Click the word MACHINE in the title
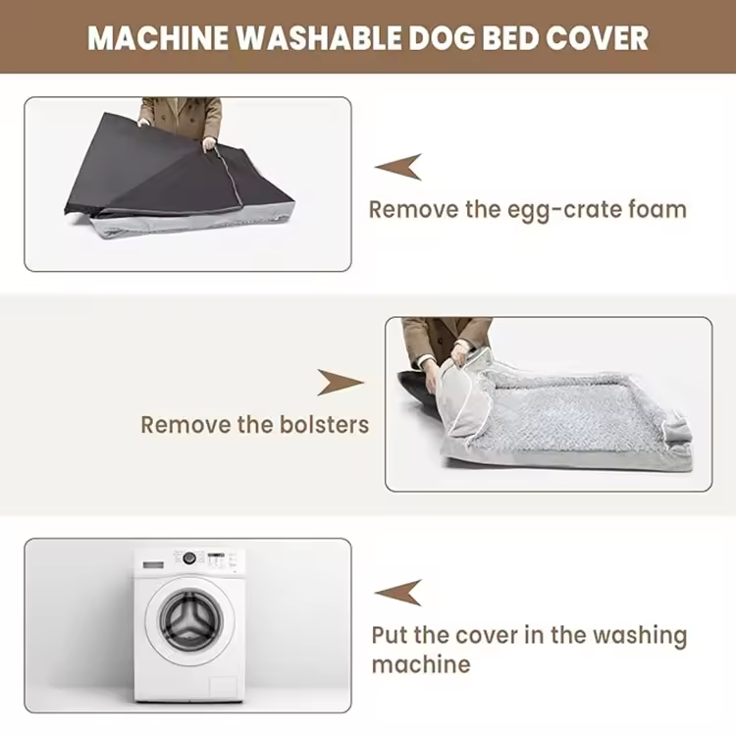(157, 37)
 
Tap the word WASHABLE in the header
(318, 37)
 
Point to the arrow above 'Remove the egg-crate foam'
(398, 167)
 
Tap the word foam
(657, 209)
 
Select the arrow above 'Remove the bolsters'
(341, 382)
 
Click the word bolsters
(325, 424)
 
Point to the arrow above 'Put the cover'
(398, 593)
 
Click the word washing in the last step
(640, 636)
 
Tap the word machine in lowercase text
(421, 664)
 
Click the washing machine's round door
(190, 621)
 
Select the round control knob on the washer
(189, 558)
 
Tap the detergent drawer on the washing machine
(153, 564)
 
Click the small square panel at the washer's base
(223, 687)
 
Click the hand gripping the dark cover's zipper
(209, 144)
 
